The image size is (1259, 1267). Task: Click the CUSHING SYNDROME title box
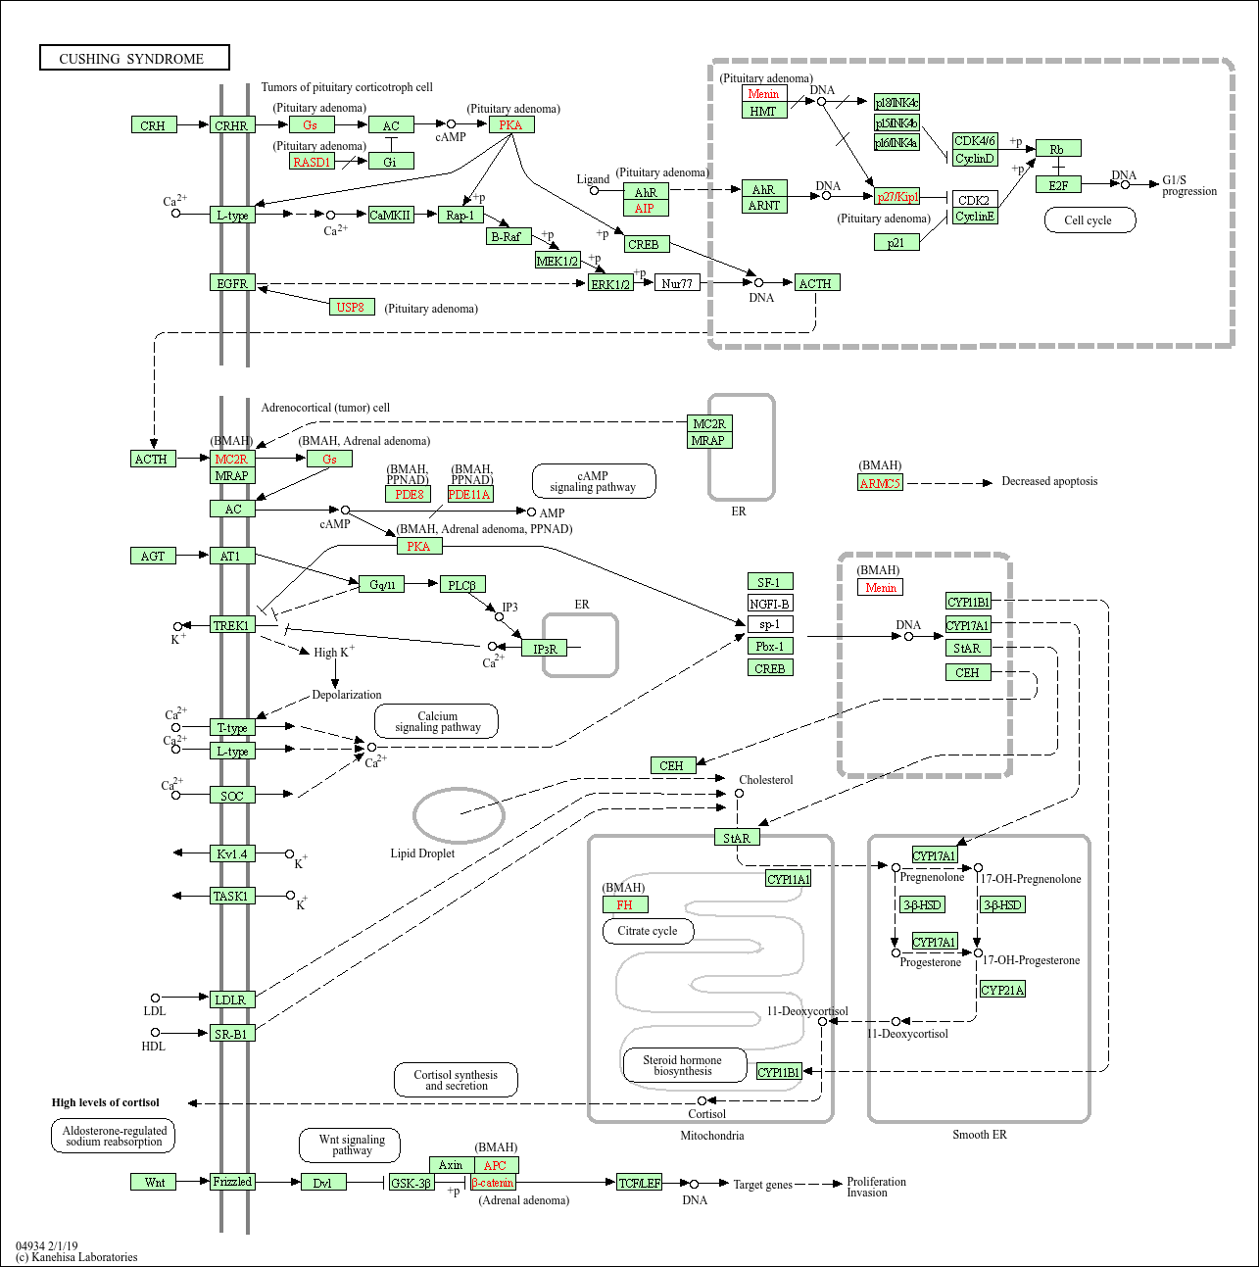(134, 58)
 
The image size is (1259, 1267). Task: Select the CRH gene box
(154, 125)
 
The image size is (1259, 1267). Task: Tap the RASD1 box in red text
(313, 162)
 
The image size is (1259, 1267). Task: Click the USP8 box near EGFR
(351, 307)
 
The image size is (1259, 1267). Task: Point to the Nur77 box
(677, 283)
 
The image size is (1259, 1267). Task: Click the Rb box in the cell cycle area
(1057, 149)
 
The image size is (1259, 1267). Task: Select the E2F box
(1058, 185)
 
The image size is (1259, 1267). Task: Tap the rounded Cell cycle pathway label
(1088, 220)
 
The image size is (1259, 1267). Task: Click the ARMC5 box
(880, 483)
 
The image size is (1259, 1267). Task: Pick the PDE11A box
(470, 495)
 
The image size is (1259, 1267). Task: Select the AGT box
(154, 556)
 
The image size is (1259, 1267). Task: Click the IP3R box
(544, 649)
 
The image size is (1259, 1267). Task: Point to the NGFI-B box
(770, 604)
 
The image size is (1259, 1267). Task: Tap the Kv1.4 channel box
(232, 853)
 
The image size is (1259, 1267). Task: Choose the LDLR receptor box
(232, 999)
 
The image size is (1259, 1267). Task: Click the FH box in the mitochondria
(624, 904)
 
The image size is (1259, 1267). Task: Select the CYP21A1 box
(1002, 990)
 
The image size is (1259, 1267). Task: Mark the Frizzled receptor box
(232, 1182)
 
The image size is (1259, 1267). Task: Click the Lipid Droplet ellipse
(459, 814)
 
